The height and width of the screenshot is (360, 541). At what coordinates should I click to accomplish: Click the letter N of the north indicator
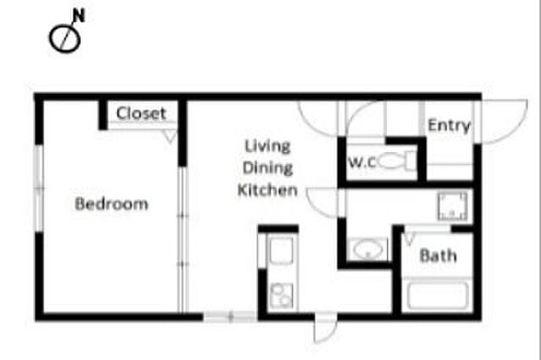(x=79, y=15)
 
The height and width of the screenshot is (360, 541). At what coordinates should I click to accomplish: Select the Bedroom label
(x=112, y=204)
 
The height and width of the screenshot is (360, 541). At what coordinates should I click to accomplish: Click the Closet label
(x=141, y=113)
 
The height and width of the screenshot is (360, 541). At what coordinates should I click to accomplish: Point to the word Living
(x=267, y=146)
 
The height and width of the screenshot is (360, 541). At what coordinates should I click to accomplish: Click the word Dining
(x=267, y=168)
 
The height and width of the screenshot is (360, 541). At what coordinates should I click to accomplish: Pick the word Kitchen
(x=267, y=190)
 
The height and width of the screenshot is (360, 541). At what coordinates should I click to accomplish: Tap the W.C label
(x=362, y=162)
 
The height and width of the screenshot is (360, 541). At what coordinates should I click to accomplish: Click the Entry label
(x=449, y=126)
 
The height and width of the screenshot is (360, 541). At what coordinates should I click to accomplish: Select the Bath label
(x=438, y=256)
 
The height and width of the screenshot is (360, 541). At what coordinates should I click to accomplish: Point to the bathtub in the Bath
(x=438, y=296)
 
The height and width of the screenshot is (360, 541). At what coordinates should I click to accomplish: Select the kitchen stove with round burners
(x=281, y=296)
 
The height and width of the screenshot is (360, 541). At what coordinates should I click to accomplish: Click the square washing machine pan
(x=453, y=206)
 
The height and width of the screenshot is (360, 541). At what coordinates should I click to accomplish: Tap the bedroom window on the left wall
(x=39, y=188)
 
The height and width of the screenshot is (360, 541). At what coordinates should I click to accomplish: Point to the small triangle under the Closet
(x=170, y=136)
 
